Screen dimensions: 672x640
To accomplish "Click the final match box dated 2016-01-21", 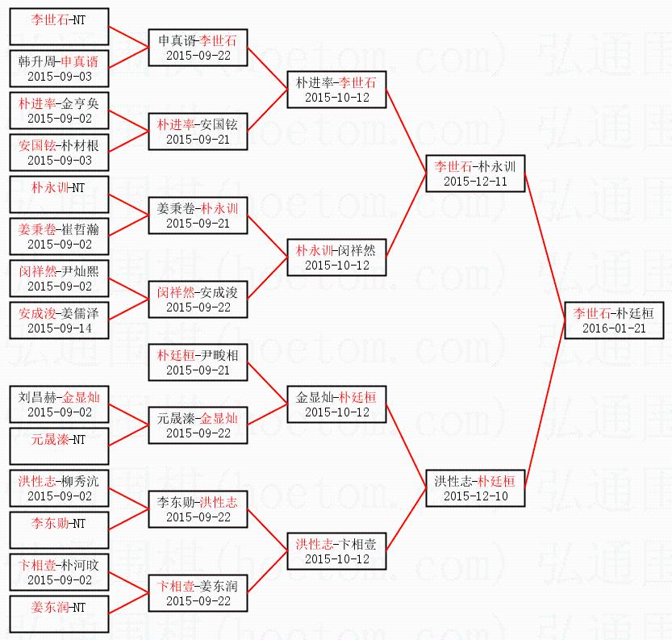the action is (613, 320).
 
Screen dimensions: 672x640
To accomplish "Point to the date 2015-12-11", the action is (476, 182).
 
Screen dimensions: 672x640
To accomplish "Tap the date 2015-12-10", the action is (476, 496).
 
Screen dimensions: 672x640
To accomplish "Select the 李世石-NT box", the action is (60, 27).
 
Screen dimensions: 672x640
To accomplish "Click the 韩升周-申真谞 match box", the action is (60, 69).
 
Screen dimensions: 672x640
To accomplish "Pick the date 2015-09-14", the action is (60, 328).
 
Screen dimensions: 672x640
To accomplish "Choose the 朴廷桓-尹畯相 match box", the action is (198, 362).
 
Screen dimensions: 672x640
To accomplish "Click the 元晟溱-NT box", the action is (60, 446).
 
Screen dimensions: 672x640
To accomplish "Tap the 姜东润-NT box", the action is (60, 614).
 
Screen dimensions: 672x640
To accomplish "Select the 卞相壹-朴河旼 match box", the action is (60, 572).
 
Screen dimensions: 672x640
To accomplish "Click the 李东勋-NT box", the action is (60, 530).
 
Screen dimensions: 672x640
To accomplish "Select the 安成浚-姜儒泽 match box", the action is (60, 320).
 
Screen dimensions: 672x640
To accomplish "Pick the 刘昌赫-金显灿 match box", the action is (60, 404).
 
